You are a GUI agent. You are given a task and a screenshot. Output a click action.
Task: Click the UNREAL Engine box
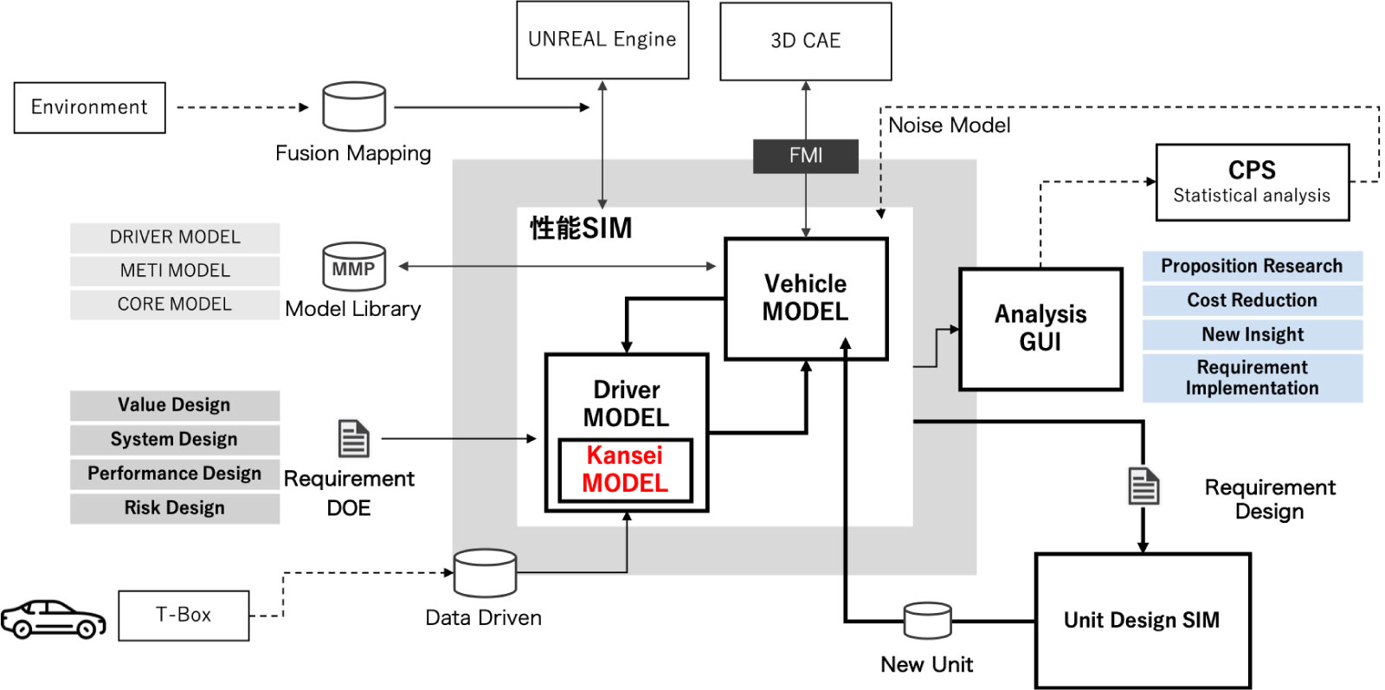(x=602, y=40)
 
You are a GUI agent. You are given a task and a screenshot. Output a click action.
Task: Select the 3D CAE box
(x=805, y=41)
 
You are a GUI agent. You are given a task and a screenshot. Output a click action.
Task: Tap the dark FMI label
(x=805, y=156)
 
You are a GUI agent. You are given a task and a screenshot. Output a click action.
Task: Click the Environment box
(x=89, y=107)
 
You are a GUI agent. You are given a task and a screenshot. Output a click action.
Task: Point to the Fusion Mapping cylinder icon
(x=354, y=106)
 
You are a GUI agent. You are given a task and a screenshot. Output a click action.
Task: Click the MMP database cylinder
(x=353, y=266)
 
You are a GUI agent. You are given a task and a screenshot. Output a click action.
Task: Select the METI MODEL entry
(x=175, y=270)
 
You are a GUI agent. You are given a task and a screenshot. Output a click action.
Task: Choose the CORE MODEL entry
(x=175, y=304)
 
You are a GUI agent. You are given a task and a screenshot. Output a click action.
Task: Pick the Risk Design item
(x=175, y=507)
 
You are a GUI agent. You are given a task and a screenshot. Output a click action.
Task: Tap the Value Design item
(x=175, y=405)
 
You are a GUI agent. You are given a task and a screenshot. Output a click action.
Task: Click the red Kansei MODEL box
(x=625, y=469)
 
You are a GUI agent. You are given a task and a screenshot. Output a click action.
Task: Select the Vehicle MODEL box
(x=805, y=298)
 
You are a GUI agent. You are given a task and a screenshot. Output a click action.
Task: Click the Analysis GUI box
(x=1040, y=328)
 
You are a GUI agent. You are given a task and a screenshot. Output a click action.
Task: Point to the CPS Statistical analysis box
(x=1252, y=182)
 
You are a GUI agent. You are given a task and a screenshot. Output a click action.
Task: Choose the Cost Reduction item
(x=1252, y=300)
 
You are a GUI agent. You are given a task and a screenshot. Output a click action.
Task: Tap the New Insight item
(x=1252, y=334)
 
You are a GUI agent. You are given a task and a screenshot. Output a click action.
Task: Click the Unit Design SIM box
(x=1142, y=620)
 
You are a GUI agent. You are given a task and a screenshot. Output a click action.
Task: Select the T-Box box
(x=184, y=615)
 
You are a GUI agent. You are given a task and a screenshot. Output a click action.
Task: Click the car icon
(x=53, y=618)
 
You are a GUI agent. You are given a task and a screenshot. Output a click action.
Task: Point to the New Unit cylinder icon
(x=927, y=620)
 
